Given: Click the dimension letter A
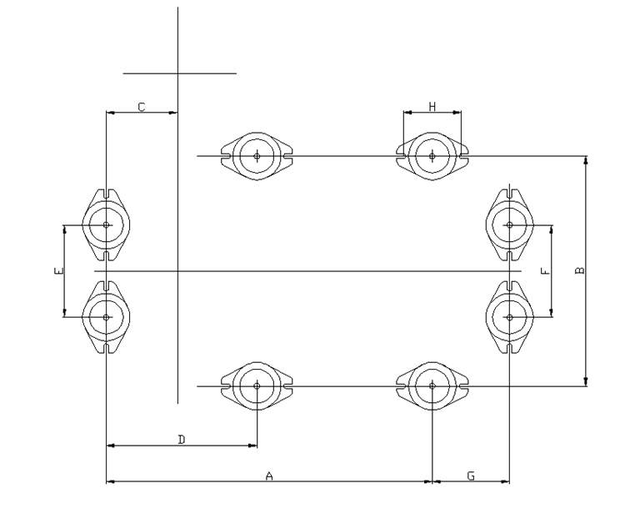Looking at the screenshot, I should pyautogui.click(x=269, y=476).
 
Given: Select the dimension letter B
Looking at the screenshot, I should pyautogui.click(x=580, y=270).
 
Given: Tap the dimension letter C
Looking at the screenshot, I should pyautogui.click(x=142, y=107).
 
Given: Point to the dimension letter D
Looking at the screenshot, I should pyautogui.click(x=182, y=439).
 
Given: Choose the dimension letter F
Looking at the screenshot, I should pyautogui.click(x=543, y=271).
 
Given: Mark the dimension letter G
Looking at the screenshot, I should pyautogui.click(x=471, y=476).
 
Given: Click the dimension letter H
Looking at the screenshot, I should pyautogui.click(x=432, y=106).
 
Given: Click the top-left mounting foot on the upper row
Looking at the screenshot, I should pyautogui.click(x=257, y=155).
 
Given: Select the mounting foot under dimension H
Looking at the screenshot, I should pyautogui.click(x=432, y=155).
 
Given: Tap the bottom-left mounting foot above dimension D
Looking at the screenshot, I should pyautogui.click(x=257, y=386).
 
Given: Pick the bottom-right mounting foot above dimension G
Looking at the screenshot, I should pyautogui.click(x=432, y=386).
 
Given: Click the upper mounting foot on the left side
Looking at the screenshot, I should pyautogui.click(x=107, y=224).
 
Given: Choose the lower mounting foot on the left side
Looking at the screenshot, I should pyautogui.click(x=107, y=316).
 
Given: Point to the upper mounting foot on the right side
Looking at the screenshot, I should pyautogui.click(x=509, y=224).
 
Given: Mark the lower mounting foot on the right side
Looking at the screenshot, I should pyautogui.click(x=509, y=316).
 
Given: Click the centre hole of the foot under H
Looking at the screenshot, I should pyautogui.click(x=432, y=155).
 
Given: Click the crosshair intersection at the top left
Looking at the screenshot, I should pyautogui.click(x=177, y=73).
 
